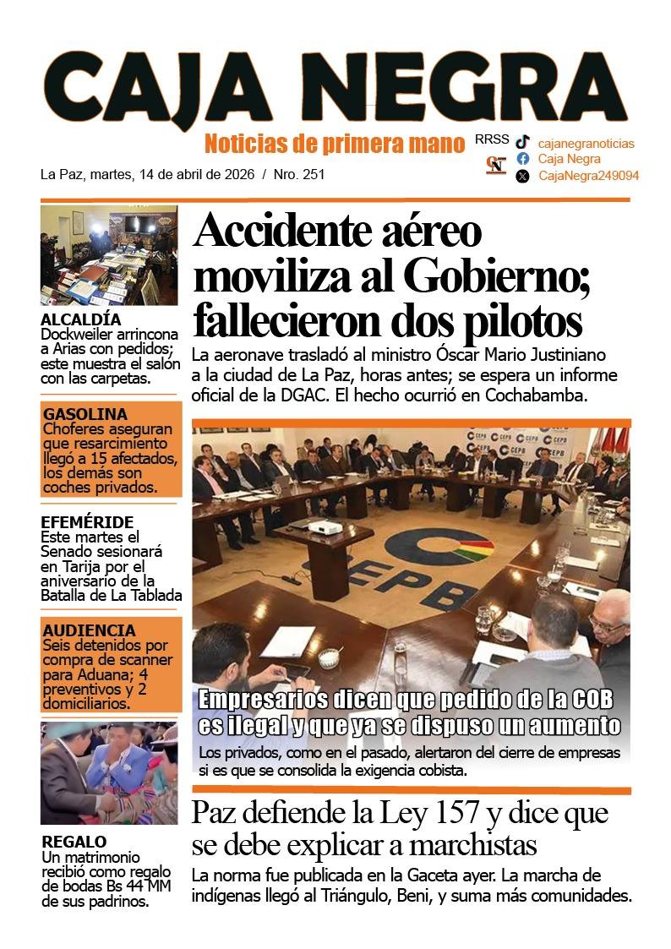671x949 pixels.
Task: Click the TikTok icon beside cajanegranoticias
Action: point(523,143)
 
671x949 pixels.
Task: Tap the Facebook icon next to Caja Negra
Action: point(523,159)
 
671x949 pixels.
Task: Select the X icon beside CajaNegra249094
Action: point(523,176)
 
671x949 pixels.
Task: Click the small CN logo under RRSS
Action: point(496,165)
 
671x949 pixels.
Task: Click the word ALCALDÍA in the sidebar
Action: point(80,319)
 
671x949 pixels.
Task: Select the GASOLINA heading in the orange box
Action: point(85,414)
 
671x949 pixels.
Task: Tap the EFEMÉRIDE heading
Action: point(87,522)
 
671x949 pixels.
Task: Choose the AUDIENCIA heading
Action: point(89,630)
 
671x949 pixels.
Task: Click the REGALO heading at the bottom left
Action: point(74,842)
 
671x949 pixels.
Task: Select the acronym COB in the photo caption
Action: point(592,700)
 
